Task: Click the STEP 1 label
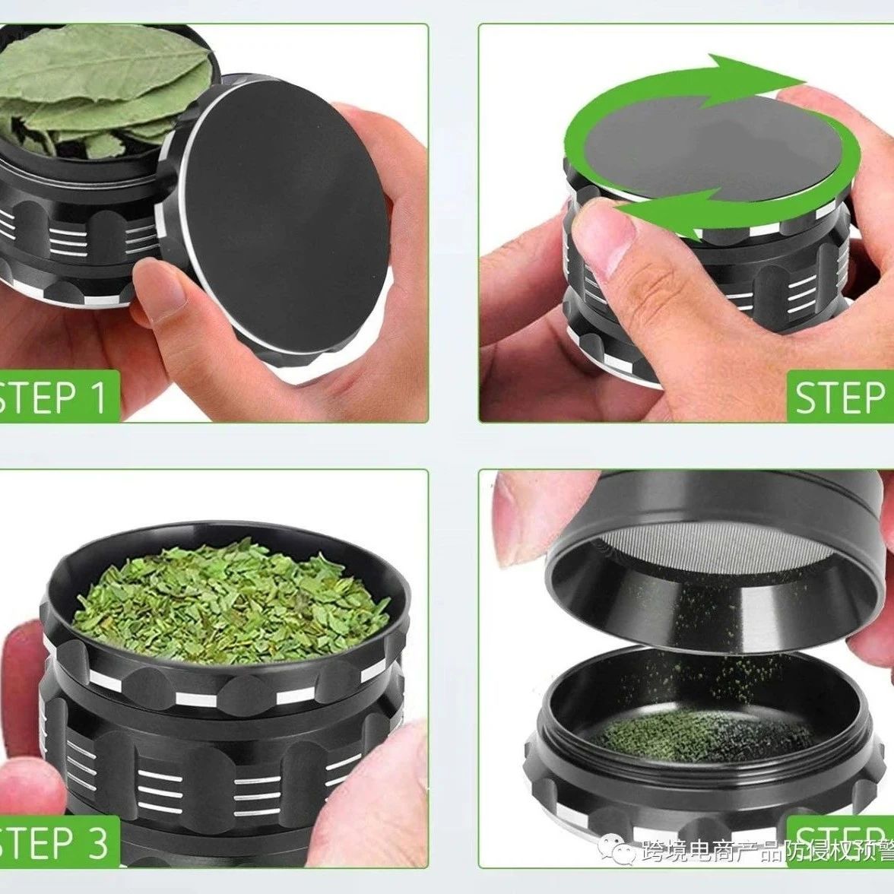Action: pos(57,397)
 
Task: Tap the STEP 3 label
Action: pos(57,841)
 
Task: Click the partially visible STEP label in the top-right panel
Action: pos(840,397)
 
